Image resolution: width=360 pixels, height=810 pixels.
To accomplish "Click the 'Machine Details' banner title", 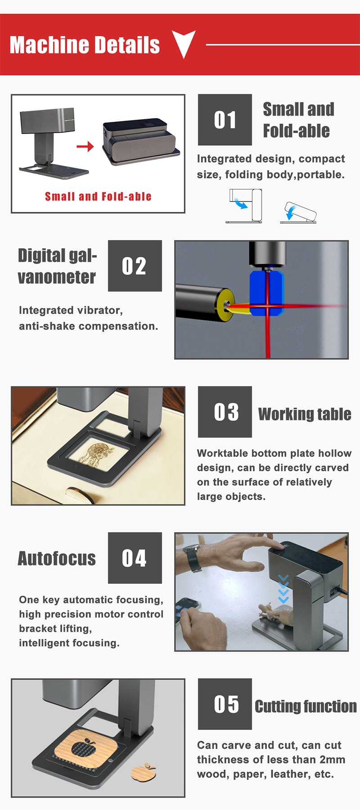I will [85, 45].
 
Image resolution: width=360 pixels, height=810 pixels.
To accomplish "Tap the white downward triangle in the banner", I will [184, 43].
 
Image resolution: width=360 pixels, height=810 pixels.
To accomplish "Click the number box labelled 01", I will [225, 120].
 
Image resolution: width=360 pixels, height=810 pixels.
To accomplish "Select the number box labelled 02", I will [135, 266].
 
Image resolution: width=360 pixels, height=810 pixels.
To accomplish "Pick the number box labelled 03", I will [225, 412].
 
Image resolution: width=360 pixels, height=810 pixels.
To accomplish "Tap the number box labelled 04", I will [135, 558].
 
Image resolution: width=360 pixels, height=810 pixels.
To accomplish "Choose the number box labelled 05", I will [225, 704].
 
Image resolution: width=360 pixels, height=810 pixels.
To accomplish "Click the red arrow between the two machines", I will [85, 146].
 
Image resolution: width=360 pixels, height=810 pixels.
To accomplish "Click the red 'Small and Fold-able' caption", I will [98, 197].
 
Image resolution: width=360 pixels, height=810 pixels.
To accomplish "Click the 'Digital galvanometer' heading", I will [57, 266].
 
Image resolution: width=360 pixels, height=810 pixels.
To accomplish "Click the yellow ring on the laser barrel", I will [224, 304].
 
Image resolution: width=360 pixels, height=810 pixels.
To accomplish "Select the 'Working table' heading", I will [305, 414].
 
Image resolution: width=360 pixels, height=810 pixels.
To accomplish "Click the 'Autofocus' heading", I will [57, 559].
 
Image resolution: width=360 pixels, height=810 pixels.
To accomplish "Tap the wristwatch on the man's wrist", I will [193, 558].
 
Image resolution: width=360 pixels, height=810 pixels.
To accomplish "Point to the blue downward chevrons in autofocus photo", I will [283, 589].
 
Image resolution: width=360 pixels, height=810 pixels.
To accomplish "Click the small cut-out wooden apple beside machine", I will [143, 771].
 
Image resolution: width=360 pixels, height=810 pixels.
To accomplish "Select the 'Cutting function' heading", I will [306, 707].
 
